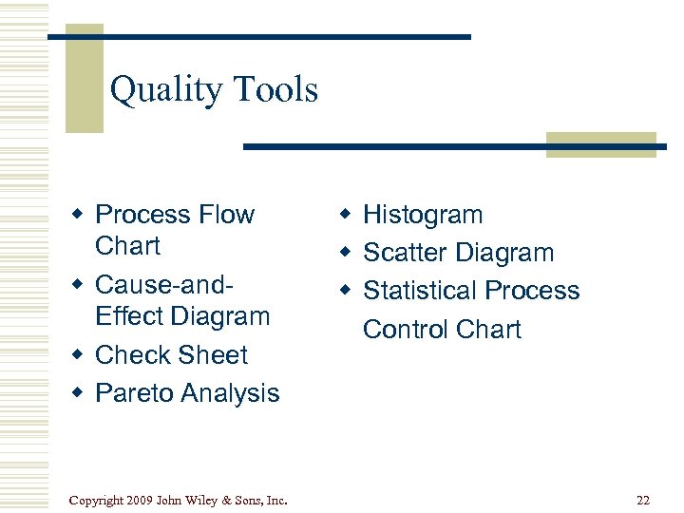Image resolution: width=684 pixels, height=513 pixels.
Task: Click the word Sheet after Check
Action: (210, 354)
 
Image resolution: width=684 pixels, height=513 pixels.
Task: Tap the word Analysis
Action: (230, 393)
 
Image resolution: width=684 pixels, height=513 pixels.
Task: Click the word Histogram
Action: (423, 215)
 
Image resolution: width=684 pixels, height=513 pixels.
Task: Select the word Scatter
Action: (406, 253)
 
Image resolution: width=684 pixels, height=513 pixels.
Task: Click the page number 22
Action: (644, 501)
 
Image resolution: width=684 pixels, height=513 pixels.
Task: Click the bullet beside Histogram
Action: (347, 215)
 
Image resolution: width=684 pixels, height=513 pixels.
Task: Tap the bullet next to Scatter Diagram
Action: (347, 253)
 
